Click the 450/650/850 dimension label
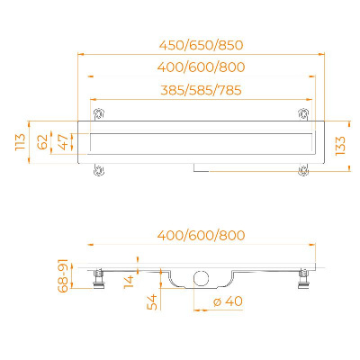tap(201, 45)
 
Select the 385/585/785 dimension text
tap(201, 90)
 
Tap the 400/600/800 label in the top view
tap(201, 67)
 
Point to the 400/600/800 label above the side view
tap(201, 235)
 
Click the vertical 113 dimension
tap(21, 142)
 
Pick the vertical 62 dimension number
tap(42, 142)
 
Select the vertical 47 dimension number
tap(64, 142)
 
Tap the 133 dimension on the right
tap(340, 146)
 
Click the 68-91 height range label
tap(64, 276)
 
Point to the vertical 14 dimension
tap(130, 282)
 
